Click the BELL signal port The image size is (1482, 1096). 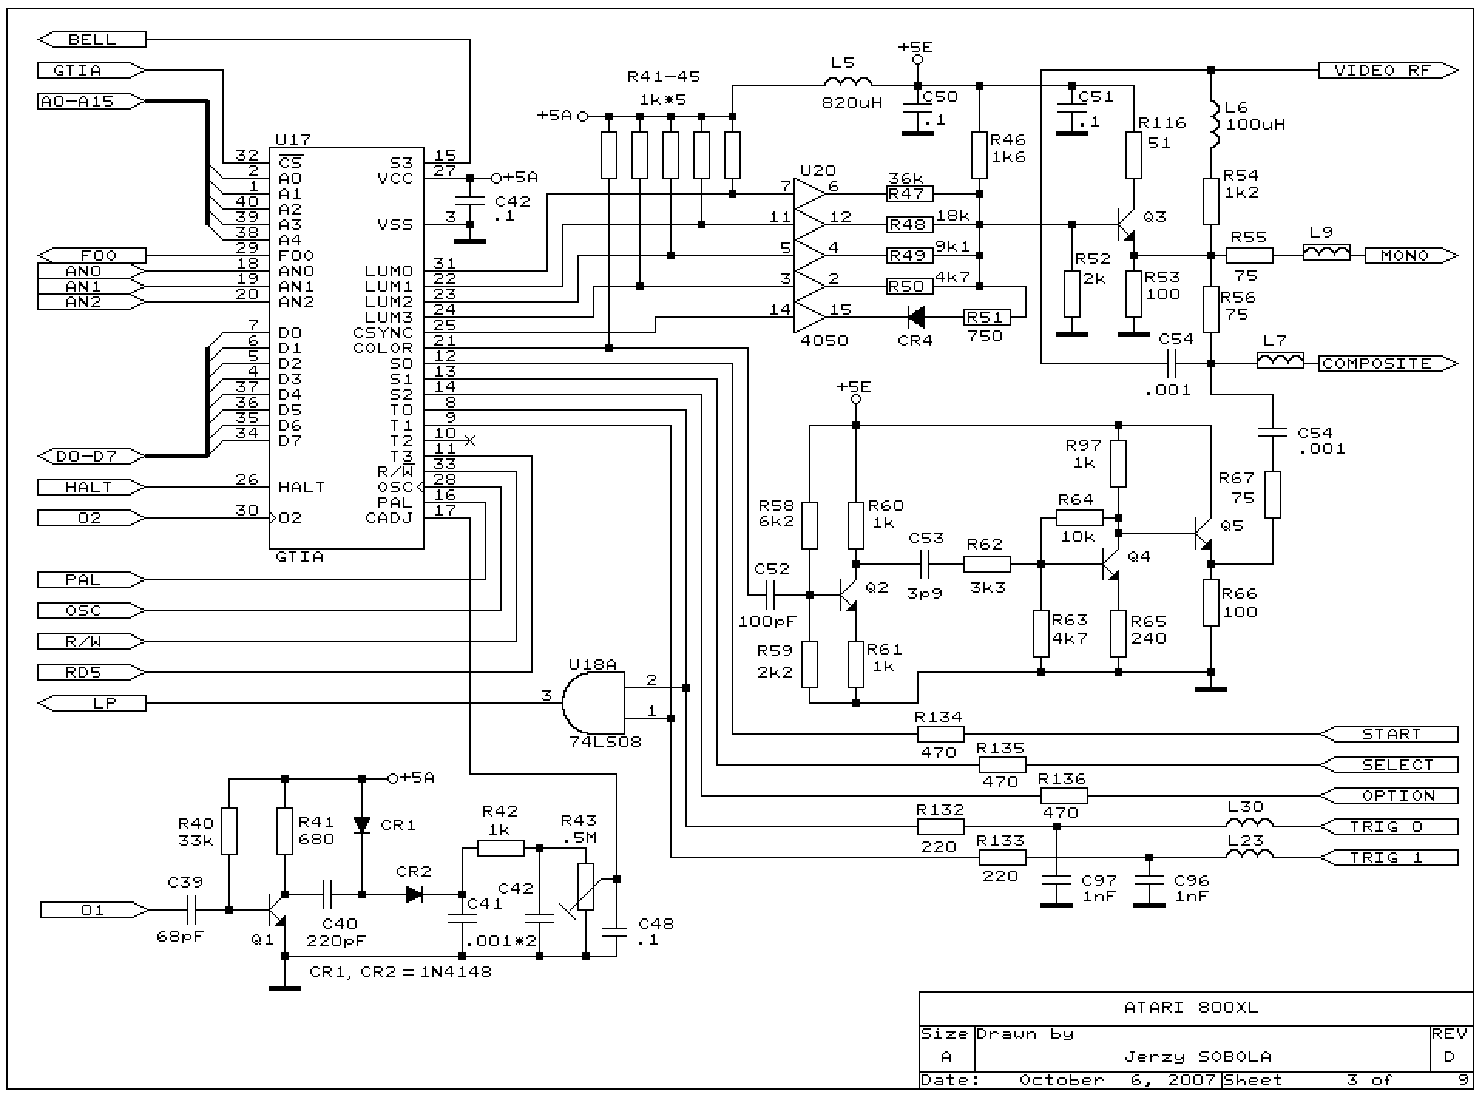91,40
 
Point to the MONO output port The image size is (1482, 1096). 1410,255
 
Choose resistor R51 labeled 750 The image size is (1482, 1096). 986,318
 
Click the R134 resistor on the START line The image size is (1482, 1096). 940,734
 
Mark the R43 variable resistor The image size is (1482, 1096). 585,886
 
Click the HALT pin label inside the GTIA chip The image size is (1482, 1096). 301,488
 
